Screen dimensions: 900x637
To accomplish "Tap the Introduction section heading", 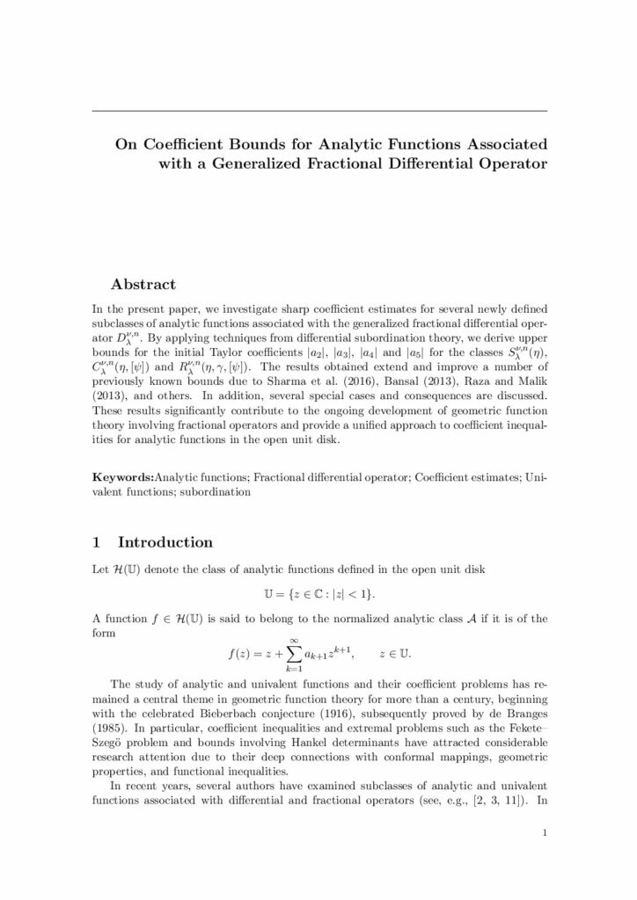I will click(x=165, y=542).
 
